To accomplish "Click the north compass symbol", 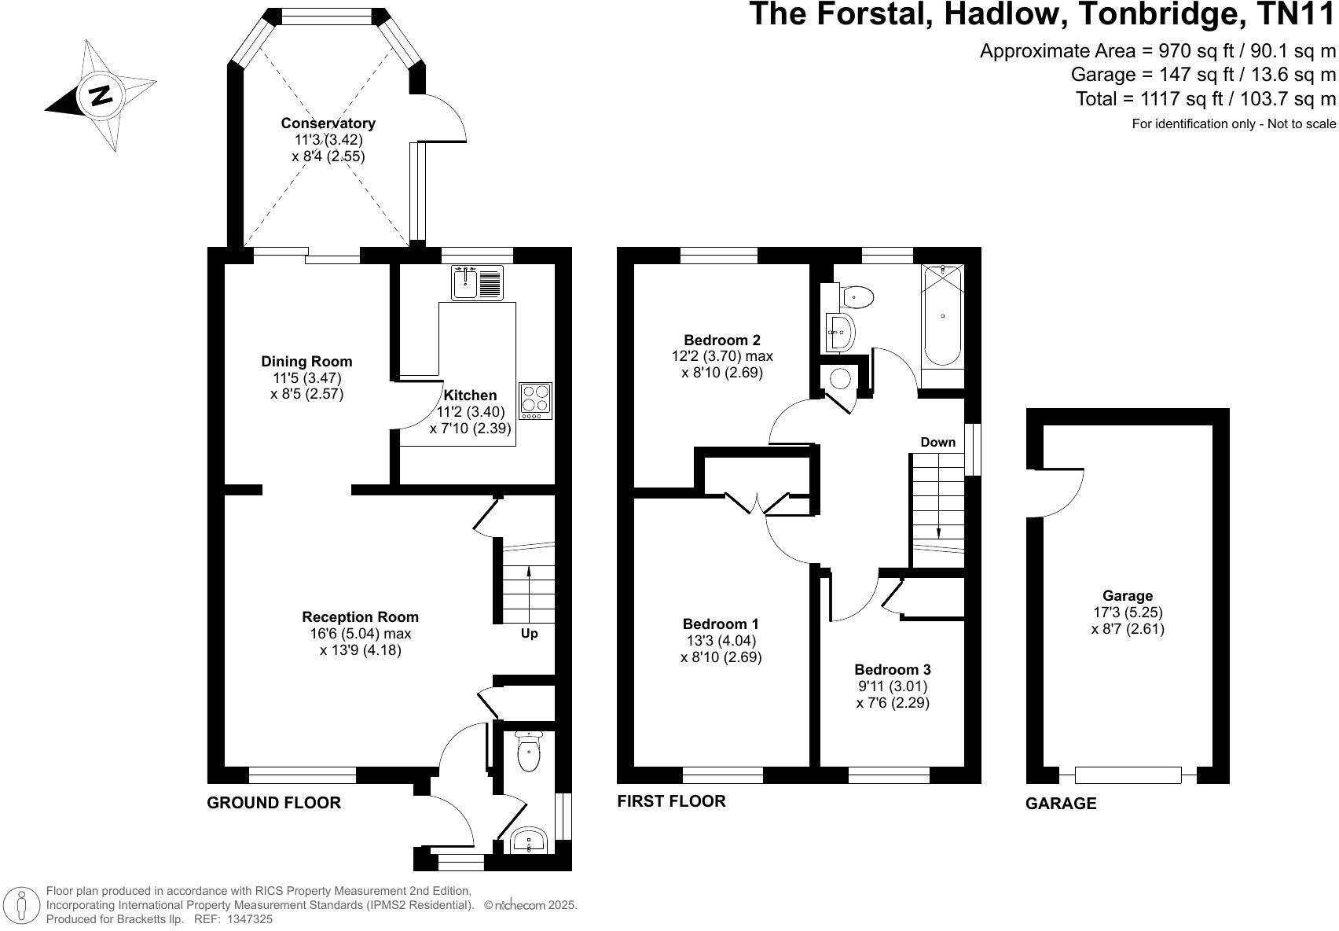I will click(x=101, y=95).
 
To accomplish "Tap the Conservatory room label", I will click(x=328, y=123).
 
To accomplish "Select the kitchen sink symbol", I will click(x=477, y=283).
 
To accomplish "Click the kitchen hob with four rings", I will click(x=535, y=399).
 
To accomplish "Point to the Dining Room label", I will click(x=306, y=362).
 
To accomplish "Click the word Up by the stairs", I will click(x=529, y=634).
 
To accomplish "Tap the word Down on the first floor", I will click(x=937, y=442).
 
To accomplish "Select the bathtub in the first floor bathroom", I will click(x=942, y=316).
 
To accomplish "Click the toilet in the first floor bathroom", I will click(x=857, y=297).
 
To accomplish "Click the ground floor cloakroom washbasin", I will click(x=529, y=841).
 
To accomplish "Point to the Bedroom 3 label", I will click(x=893, y=670).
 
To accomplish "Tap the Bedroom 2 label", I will click(x=721, y=340).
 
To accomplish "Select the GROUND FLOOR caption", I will click(x=273, y=803).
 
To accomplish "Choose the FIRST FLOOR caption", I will click(x=671, y=801).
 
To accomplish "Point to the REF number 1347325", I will click(x=249, y=918).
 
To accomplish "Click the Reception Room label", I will click(x=360, y=617).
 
